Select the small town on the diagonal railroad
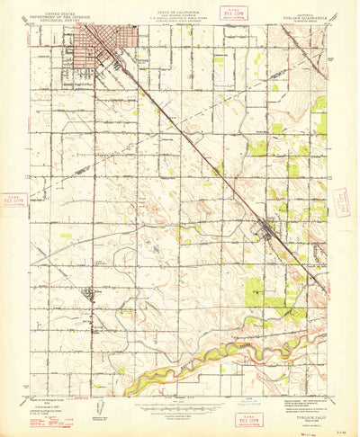[268, 231]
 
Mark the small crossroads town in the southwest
[87, 293]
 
